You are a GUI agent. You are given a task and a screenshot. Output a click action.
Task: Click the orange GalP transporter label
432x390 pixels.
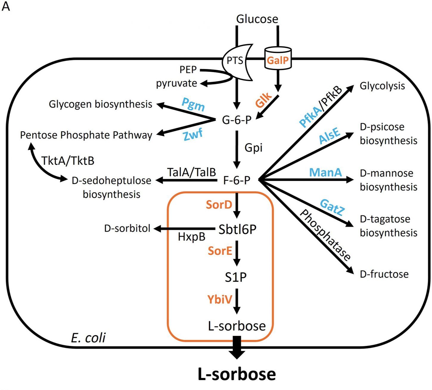278,61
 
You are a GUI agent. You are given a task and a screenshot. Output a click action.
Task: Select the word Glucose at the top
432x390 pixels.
257,19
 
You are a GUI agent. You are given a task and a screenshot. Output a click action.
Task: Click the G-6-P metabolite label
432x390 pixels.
237,120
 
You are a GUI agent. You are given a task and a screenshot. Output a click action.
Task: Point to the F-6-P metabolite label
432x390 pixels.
237,180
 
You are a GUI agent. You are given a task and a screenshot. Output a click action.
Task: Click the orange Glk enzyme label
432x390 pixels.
264,100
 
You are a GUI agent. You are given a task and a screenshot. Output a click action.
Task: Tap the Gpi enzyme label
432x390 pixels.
254,148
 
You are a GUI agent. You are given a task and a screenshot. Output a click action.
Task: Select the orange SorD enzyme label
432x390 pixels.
219,205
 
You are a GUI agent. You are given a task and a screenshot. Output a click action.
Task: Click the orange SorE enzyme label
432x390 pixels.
220,251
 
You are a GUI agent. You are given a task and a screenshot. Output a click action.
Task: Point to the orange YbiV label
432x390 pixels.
220,299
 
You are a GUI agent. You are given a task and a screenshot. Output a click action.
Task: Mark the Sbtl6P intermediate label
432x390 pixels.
237,229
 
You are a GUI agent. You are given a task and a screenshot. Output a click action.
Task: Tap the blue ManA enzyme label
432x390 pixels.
325,172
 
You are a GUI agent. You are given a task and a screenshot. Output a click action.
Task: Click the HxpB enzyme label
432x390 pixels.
192,237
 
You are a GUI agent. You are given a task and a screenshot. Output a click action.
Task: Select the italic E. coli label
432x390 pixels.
88,338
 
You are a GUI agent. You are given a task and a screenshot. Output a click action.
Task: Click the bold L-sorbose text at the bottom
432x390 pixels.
237,374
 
